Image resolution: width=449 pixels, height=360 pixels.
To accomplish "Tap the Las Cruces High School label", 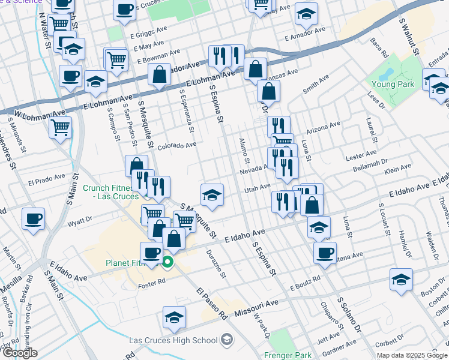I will click(x=173, y=341).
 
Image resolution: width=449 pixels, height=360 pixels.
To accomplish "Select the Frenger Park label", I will click(x=288, y=354).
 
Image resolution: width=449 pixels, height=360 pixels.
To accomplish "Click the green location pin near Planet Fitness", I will click(x=168, y=262).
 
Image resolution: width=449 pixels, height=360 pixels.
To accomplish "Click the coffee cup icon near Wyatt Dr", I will click(x=33, y=218).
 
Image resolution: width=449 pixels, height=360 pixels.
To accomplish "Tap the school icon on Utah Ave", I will click(x=211, y=194).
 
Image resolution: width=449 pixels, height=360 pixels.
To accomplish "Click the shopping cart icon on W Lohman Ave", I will click(x=60, y=127).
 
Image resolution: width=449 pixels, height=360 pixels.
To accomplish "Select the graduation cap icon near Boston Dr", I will click(x=401, y=280).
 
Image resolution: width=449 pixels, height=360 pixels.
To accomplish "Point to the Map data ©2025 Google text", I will click(x=412, y=355).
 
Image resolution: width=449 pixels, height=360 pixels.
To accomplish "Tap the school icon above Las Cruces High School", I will click(x=174, y=317).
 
